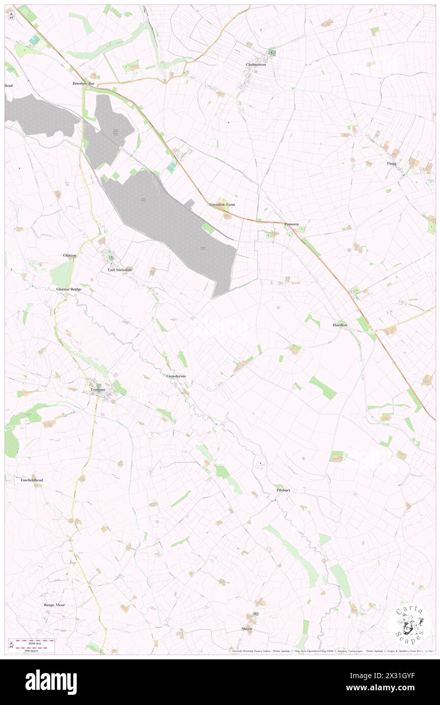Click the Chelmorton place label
click(255, 65)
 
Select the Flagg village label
click(391, 164)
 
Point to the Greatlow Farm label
click(223, 204)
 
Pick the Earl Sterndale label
click(120, 270)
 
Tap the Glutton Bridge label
click(69, 289)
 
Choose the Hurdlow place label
click(340, 325)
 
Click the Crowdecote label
click(176, 376)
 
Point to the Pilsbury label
click(283, 490)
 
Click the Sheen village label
click(246, 628)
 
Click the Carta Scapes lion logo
click(410, 625)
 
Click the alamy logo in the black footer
click(51, 682)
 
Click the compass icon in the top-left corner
click(11, 16)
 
